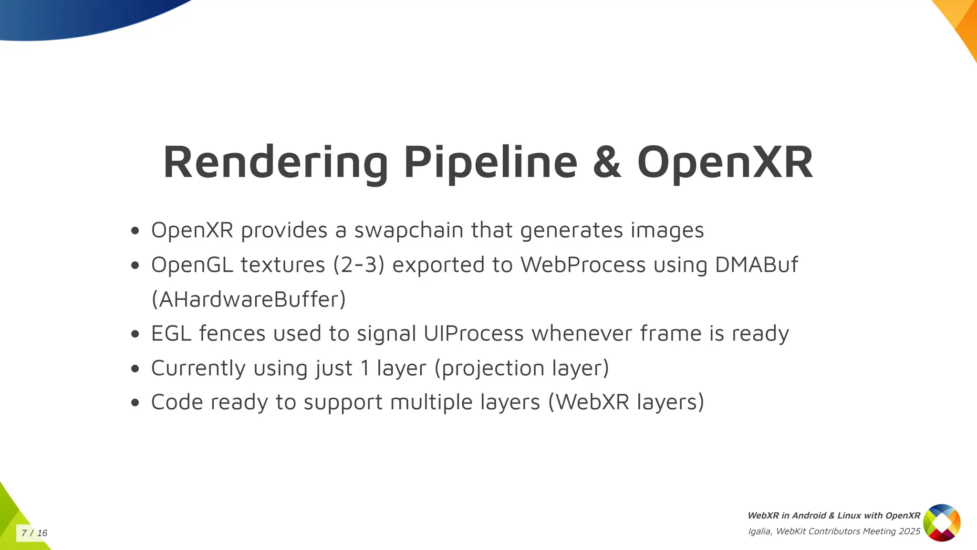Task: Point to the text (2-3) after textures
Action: click(359, 265)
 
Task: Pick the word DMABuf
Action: click(756, 265)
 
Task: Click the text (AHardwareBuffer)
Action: click(249, 299)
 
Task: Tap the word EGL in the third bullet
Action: click(171, 333)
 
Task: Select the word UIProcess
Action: click(473, 333)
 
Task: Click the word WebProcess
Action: click(583, 265)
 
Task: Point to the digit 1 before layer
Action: click(365, 368)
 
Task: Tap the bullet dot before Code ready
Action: click(135, 402)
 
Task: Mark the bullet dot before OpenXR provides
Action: click(135, 231)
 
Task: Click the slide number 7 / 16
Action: click(34, 533)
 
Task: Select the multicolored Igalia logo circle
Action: click(942, 523)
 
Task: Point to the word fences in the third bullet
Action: click(232, 333)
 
